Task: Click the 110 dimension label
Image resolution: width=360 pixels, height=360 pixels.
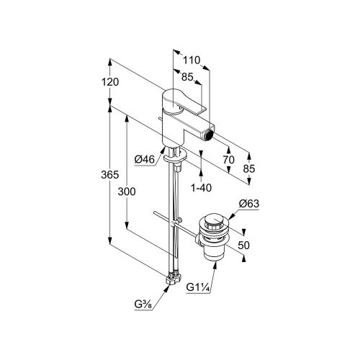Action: click(192, 60)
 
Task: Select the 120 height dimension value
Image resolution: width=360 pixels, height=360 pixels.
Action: click(110, 82)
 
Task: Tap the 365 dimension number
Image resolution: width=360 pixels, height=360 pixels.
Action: click(110, 175)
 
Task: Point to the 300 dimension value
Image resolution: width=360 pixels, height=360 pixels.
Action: click(127, 192)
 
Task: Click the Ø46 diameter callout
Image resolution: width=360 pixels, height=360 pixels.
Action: click(145, 159)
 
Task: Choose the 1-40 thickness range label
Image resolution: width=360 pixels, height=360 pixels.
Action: click(202, 188)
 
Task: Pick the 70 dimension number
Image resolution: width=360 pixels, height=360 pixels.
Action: click(228, 160)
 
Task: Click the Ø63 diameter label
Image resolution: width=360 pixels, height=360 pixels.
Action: click(249, 204)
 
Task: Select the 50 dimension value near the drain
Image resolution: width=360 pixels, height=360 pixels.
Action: click(244, 246)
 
